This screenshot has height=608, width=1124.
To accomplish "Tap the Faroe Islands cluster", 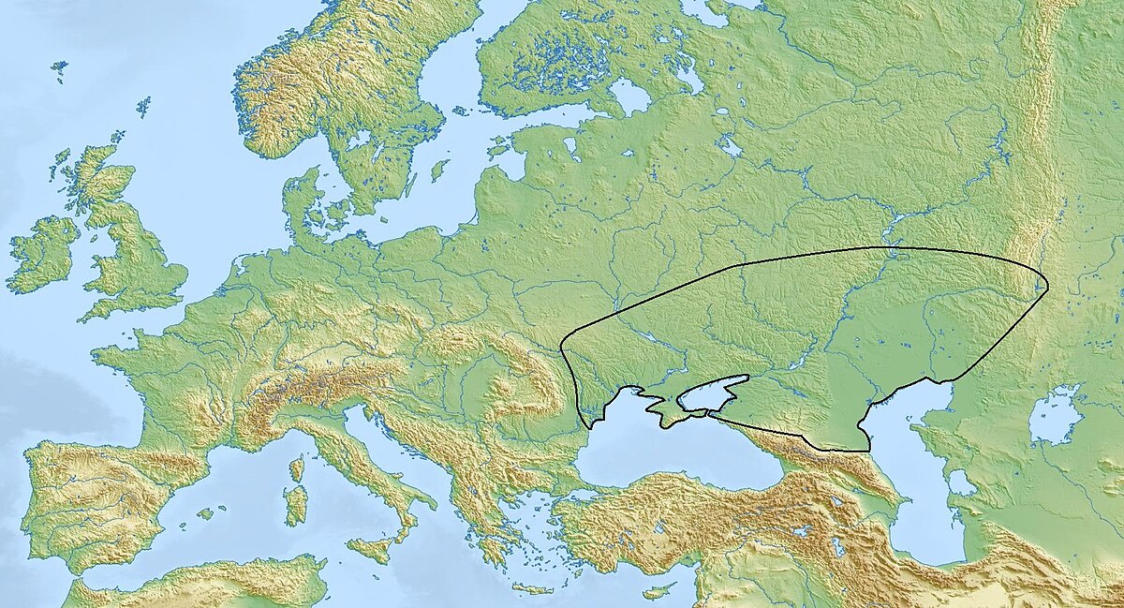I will point(59,69).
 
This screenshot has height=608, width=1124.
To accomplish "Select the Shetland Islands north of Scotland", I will point(143,105).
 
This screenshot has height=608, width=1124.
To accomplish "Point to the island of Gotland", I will point(438,171).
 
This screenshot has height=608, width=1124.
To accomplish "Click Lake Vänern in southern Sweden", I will point(357,141).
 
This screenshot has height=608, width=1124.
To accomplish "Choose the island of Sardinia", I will point(295,504).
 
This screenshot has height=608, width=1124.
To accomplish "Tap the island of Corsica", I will point(297,467).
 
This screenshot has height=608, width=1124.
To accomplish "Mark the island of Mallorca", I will point(205,513).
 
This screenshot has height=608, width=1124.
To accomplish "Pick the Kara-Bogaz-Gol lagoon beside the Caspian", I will point(960,483).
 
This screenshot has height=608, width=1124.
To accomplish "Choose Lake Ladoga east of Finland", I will point(629,96).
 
